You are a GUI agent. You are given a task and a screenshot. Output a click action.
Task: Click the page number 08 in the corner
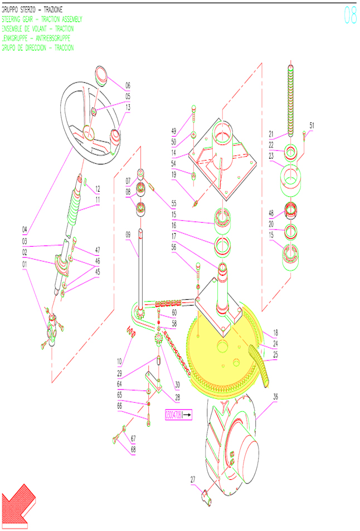[350, 16]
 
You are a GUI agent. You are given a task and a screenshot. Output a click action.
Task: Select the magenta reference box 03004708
[178, 415]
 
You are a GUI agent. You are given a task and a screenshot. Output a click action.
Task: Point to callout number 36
[275, 397]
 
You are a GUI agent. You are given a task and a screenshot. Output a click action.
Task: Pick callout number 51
[311, 125]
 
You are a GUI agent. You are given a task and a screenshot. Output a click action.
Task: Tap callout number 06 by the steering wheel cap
[128, 86]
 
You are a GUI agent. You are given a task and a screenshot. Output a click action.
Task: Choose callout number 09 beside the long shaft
[128, 235]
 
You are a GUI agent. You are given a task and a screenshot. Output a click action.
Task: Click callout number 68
[133, 449]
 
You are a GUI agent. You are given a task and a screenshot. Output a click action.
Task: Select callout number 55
[173, 204]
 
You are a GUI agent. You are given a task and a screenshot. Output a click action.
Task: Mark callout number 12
[97, 188]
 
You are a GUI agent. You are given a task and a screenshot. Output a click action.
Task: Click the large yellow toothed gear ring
[223, 357]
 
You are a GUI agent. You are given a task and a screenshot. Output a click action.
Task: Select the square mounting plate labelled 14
[223, 159]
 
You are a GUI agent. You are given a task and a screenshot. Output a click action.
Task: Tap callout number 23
[271, 156]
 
